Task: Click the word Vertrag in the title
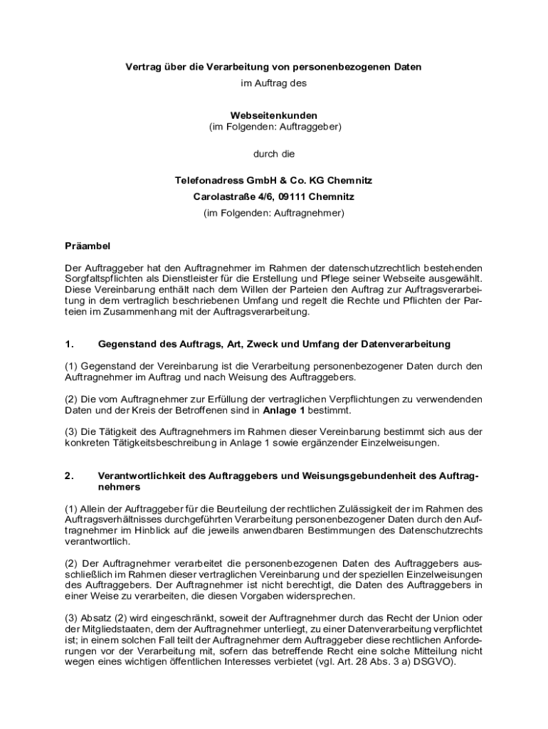tap(142, 67)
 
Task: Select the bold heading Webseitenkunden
tap(274, 115)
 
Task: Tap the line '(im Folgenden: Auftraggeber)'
tap(274, 127)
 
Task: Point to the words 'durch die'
tap(274, 154)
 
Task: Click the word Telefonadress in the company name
tap(207, 181)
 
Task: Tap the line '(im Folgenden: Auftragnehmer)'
tap(274, 212)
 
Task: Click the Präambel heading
tap(88, 246)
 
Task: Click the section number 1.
tap(69, 344)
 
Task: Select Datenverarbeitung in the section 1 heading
tap(406, 344)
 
